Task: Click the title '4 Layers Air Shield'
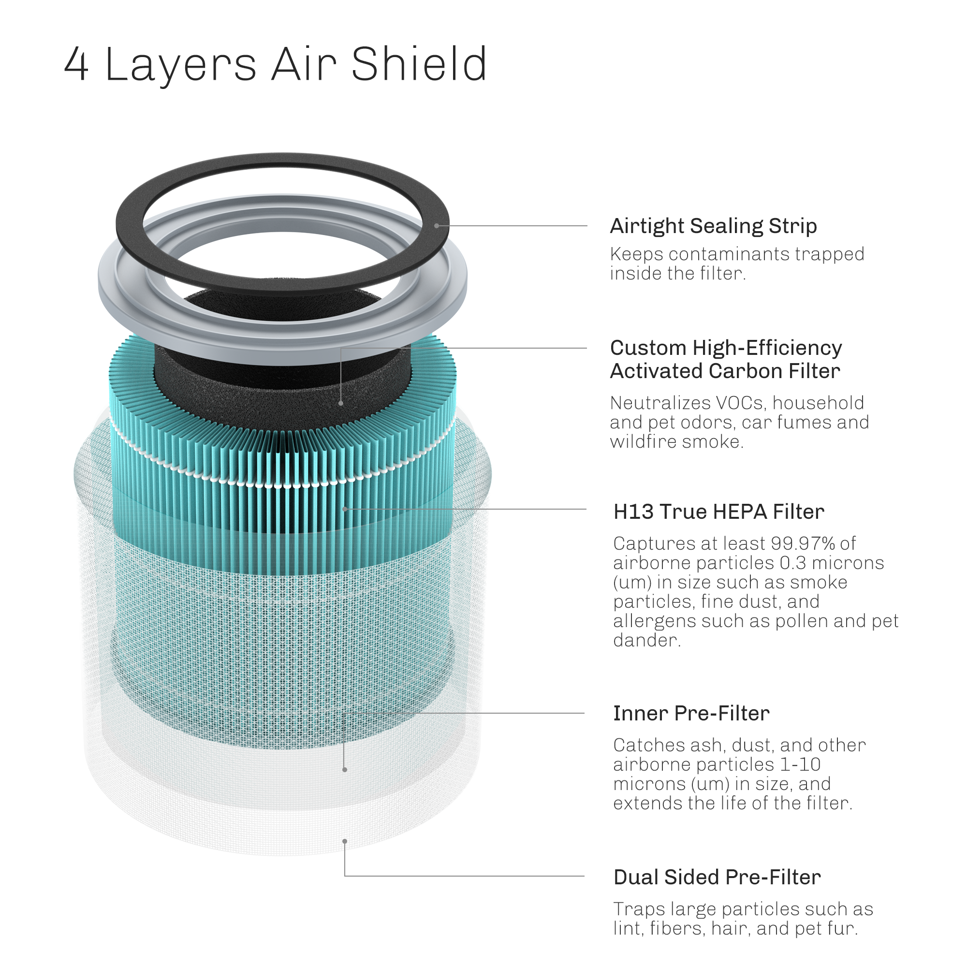[x=276, y=65]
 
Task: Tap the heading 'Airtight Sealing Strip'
[x=713, y=226]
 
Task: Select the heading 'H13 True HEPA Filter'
[x=719, y=512]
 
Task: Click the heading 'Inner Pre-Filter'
[x=691, y=713]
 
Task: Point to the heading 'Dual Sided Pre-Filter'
[x=717, y=877]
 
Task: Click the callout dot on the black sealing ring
[x=437, y=226]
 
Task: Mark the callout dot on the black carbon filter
[x=341, y=403]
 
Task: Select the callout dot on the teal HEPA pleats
[x=345, y=509]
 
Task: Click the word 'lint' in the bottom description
[x=628, y=928]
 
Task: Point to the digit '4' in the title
[x=76, y=64]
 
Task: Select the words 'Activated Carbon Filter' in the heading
[x=725, y=371]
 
